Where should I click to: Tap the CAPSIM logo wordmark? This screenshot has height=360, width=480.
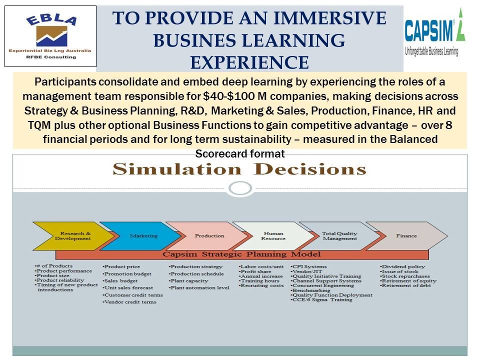point(428,30)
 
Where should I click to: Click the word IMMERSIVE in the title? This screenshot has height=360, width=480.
point(329,18)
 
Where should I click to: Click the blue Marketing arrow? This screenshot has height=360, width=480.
point(141,236)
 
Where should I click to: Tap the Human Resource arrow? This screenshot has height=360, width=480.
point(274,236)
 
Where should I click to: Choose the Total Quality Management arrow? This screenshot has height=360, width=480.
point(340,236)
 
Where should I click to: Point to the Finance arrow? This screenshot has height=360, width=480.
point(407,236)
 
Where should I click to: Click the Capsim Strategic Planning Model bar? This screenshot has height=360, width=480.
point(242,254)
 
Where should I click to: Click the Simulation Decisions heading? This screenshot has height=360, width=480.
point(239,169)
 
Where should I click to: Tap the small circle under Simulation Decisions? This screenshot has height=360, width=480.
point(240,188)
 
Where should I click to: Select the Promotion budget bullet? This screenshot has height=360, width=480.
point(127,274)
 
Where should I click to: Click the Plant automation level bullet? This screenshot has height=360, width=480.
point(199,288)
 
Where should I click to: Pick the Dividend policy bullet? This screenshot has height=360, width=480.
point(402,266)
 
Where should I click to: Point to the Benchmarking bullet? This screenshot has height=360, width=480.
point(310,290)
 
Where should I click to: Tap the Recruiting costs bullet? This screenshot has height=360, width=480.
point(261,285)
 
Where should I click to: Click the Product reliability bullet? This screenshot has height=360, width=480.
point(59,280)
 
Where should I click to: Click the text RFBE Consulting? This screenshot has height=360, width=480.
point(51,57)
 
